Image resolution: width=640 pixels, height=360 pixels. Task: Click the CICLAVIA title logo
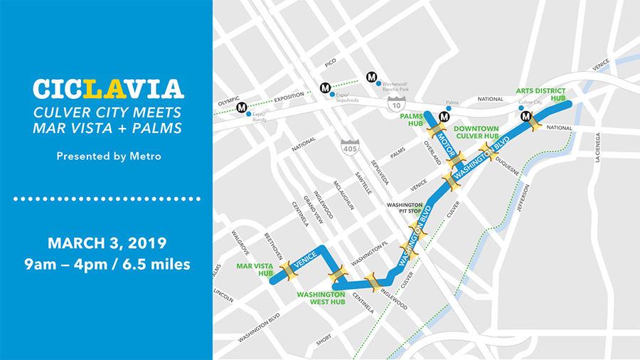point(108,89)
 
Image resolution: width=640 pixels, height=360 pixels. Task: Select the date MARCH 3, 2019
point(107,243)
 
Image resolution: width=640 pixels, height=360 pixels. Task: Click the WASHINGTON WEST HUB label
point(321,297)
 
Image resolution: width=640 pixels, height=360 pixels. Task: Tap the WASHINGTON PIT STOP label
point(405,208)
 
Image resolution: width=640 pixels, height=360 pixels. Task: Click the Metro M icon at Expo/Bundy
point(242,107)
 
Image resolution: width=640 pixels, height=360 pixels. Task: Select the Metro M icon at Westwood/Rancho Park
point(371,77)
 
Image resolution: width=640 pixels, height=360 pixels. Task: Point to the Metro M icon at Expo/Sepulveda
point(325,88)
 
